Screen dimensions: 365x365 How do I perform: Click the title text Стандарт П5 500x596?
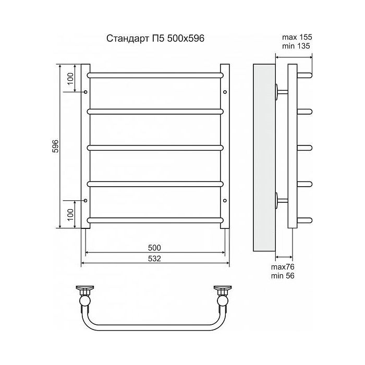point(152,39)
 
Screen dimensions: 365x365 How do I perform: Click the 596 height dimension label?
point(54,147)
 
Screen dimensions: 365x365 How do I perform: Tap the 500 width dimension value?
point(155,247)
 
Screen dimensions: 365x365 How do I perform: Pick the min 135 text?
point(296,46)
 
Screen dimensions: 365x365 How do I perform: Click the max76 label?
point(283,267)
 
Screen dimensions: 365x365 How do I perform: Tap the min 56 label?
point(283,276)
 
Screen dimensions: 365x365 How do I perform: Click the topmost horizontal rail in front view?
point(155,75)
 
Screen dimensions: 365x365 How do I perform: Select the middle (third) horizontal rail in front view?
point(155,147)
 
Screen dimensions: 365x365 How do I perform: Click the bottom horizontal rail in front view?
point(155,220)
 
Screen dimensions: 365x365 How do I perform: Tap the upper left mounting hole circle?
point(86,92)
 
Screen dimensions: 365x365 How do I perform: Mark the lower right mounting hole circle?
point(225,200)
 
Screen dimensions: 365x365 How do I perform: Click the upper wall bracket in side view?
point(280,92)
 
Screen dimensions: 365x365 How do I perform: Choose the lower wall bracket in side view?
point(280,200)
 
